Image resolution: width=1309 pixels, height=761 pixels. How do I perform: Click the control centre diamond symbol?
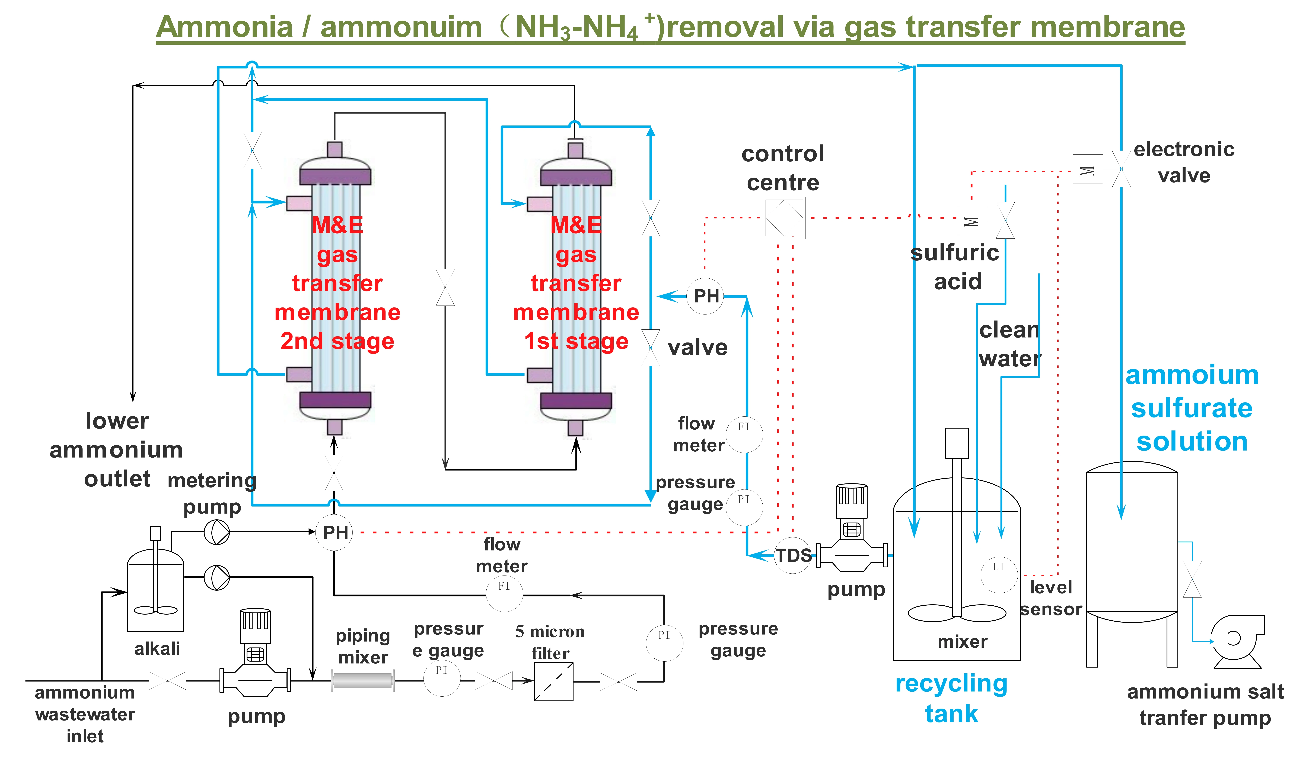point(783,218)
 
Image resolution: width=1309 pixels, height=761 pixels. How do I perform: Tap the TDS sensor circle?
point(793,555)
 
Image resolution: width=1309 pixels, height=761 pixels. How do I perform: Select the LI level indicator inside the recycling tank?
point(998,574)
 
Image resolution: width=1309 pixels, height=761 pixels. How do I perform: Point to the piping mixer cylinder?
point(363,680)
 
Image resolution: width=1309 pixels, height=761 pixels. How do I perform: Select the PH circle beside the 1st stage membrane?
point(705,296)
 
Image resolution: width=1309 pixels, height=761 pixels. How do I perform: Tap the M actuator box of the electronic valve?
point(1087,169)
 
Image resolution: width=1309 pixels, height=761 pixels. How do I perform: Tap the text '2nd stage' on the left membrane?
point(337,341)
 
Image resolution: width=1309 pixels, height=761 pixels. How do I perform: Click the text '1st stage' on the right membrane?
point(576,341)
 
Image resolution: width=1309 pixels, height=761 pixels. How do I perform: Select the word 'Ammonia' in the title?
point(224,27)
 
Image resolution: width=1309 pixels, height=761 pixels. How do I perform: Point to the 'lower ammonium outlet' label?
point(116,450)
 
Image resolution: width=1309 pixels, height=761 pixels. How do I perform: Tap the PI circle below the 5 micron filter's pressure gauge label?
point(664,643)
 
